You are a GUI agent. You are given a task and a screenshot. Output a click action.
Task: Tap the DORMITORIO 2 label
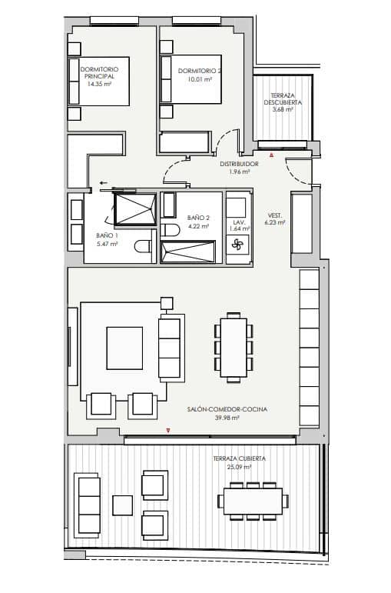(199, 72)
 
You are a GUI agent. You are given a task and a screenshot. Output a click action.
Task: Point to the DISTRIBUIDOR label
(239, 164)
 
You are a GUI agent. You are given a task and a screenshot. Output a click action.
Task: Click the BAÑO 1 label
(107, 235)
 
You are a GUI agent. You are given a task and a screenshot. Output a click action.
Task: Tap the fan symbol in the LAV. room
(237, 245)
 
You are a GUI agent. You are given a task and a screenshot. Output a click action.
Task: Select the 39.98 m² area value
(227, 418)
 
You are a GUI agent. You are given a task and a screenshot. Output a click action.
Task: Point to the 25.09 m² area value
(240, 466)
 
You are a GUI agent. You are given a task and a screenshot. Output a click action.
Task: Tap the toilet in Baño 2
(172, 230)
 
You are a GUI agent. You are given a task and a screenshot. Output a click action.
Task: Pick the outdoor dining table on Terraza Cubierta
(253, 501)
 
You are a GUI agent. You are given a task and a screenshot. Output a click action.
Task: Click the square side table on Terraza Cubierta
(122, 505)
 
